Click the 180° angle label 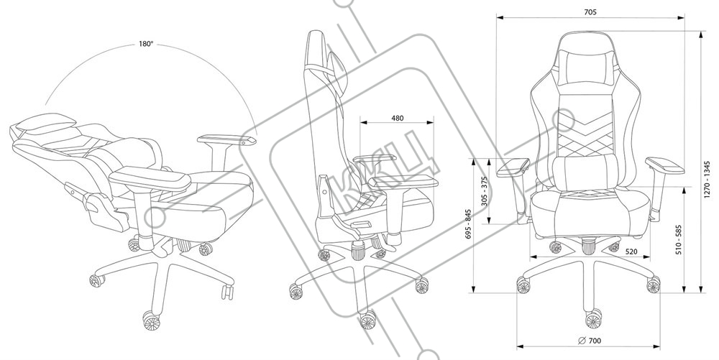click(146, 44)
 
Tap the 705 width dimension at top click(590, 12)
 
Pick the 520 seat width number click(633, 251)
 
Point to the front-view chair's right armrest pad click(666, 167)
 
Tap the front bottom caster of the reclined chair click(149, 318)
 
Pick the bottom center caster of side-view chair click(367, 317)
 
